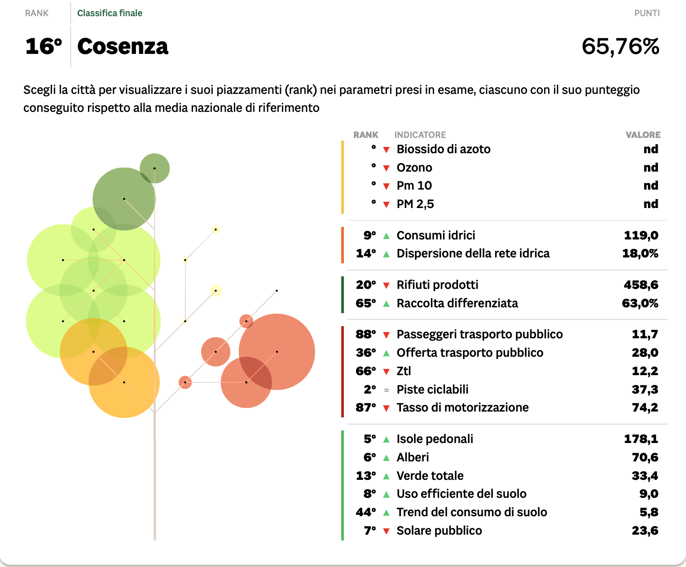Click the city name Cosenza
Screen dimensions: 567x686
click(123, 46)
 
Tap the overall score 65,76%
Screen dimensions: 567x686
click(620, 46)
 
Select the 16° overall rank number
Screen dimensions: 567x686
click(44, 46)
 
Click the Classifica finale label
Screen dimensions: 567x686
click(110, 13)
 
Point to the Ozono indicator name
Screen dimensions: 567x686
click(414, 168)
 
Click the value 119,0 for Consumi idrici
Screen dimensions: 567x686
click(641, 235)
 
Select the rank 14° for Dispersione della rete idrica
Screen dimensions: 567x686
click(365, 254)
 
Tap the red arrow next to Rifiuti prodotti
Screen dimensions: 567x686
click(386, 285)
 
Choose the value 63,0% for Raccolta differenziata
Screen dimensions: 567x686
click(640, 303)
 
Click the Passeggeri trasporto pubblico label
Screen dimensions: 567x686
click(479, 334)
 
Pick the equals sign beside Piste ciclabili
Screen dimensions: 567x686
click(386, 390)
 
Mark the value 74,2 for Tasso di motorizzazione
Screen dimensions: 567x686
click(645, 408)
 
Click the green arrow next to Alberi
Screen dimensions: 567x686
click(386, 458)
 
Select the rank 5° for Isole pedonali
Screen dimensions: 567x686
click(369, 439)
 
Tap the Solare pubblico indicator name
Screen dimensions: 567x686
click(439, 531)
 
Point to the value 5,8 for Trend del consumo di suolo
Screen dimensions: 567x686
click(649, 512)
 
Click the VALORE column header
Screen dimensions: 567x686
click(643, 135)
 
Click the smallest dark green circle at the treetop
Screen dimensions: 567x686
click(155, 168)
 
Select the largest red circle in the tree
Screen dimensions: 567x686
click(277, 351)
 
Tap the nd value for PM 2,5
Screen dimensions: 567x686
click(651, 204)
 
